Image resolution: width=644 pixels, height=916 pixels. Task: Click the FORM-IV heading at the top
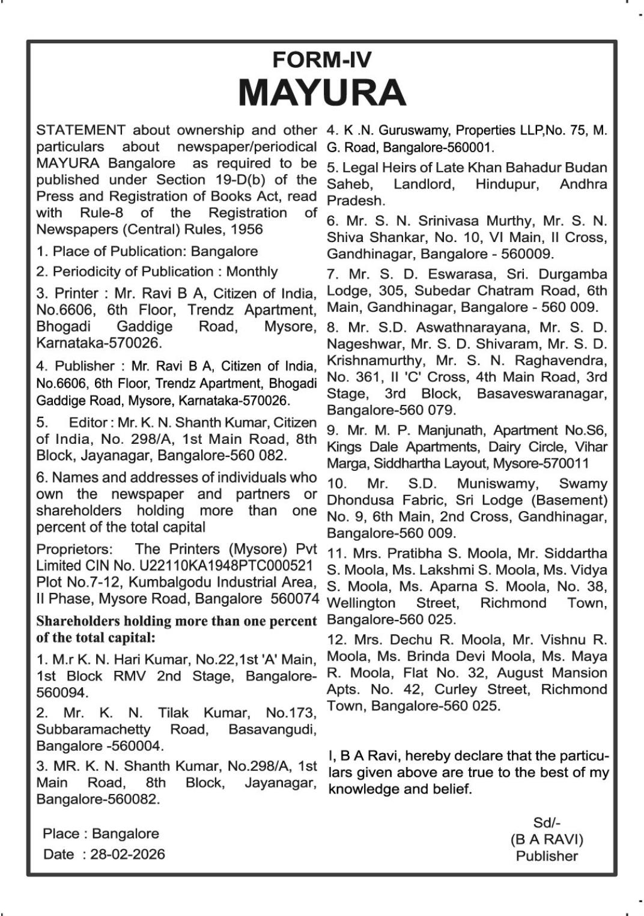click(321, 59)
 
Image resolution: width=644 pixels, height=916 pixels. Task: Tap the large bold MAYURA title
click(322, 93)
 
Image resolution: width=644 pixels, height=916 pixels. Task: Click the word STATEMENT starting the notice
click(81, 130)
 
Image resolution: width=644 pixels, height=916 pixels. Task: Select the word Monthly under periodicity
click(252, 271)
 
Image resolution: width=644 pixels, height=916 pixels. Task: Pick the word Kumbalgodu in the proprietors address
click(166, 582)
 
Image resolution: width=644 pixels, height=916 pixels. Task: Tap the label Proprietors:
click(74, 549)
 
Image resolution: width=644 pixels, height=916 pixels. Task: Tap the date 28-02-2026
click(127, 854)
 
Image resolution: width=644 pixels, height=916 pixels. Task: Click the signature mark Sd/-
click(547, 823)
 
